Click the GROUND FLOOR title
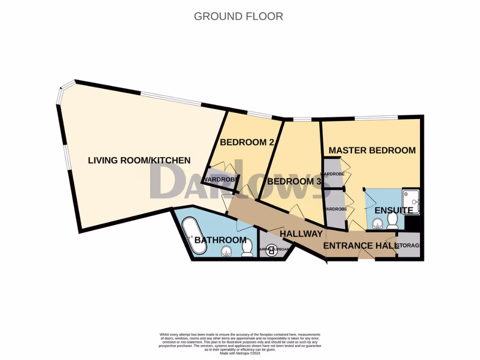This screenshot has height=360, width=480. pos(238,16)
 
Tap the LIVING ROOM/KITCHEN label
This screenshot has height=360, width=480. pos(139,160)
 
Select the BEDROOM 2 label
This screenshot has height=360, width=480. pos(247,142)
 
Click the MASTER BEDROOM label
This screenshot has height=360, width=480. pos(372,150)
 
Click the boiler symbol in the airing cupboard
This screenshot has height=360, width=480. pos(271,251)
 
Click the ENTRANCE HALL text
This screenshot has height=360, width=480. pos(360,246)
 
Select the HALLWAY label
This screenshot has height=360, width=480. pos(301,233)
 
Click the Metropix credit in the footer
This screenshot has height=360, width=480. pos(240,353)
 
